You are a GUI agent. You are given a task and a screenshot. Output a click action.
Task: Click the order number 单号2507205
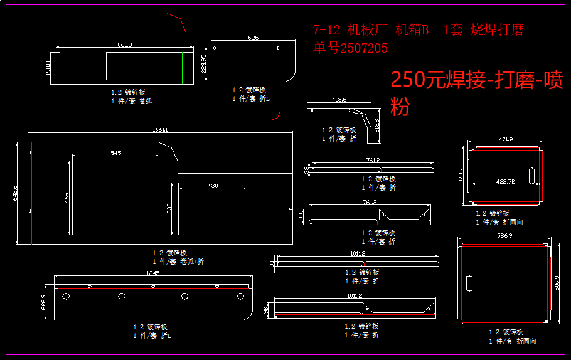coord(351,48)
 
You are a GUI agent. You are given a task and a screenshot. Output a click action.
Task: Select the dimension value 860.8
coord(125,45)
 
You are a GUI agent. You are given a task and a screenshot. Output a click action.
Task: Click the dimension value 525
coord(253,38)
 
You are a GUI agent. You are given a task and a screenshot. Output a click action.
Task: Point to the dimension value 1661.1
coord(160,130)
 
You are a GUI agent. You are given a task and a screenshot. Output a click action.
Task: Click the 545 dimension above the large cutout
coord(116,153)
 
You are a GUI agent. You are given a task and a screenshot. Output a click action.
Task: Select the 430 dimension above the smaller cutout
coord(213,186)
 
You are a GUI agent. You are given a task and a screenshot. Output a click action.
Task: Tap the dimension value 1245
coord(152,273)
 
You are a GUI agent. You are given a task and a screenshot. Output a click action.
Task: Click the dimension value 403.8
coord(339,100)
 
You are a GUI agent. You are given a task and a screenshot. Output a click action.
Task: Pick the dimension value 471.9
coord(506,139)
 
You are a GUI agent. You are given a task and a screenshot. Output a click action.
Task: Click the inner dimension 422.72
coord(505,181)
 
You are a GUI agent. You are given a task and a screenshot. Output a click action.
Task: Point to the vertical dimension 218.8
coord(376,125)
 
